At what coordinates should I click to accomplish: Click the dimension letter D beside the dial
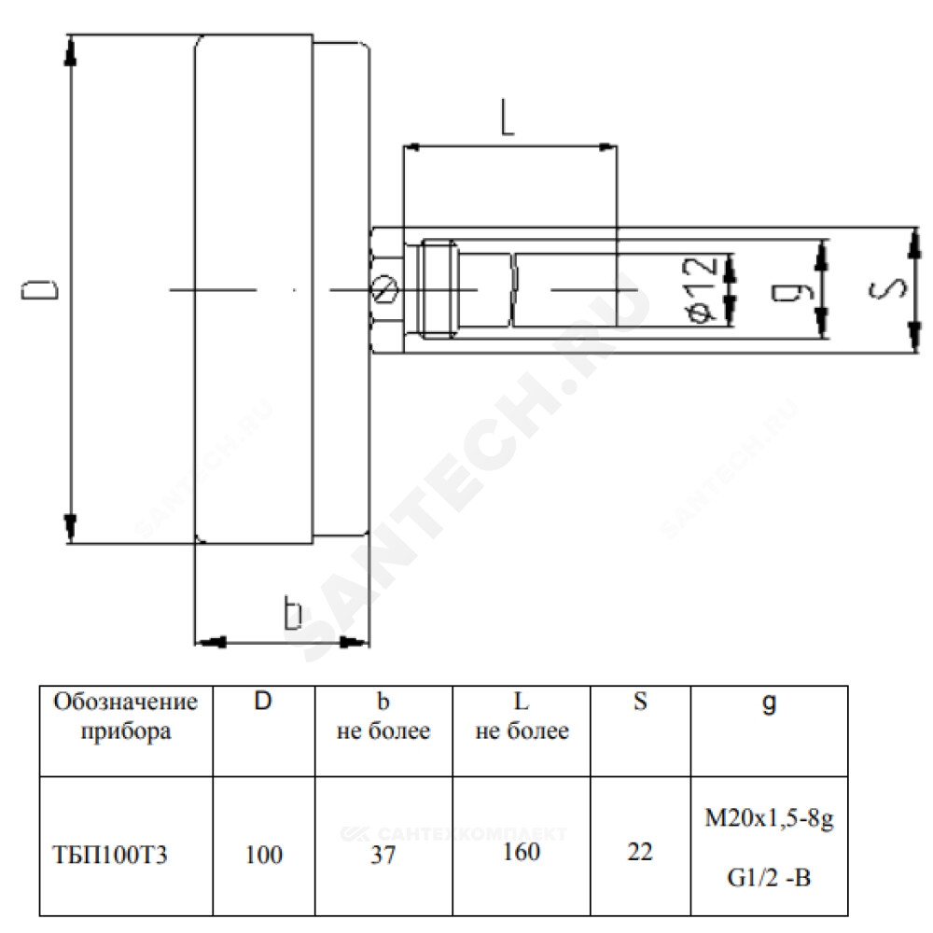(40, 290)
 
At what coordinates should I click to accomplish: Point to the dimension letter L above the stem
(507, 118)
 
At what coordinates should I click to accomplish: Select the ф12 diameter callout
(701, 290)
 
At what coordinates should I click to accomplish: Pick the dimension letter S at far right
(888, 289)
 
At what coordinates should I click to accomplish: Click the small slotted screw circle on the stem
(384, 289)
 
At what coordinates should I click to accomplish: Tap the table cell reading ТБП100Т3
(110, 855)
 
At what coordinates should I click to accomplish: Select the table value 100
(264, 855)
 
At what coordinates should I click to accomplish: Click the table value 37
(383, 855)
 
